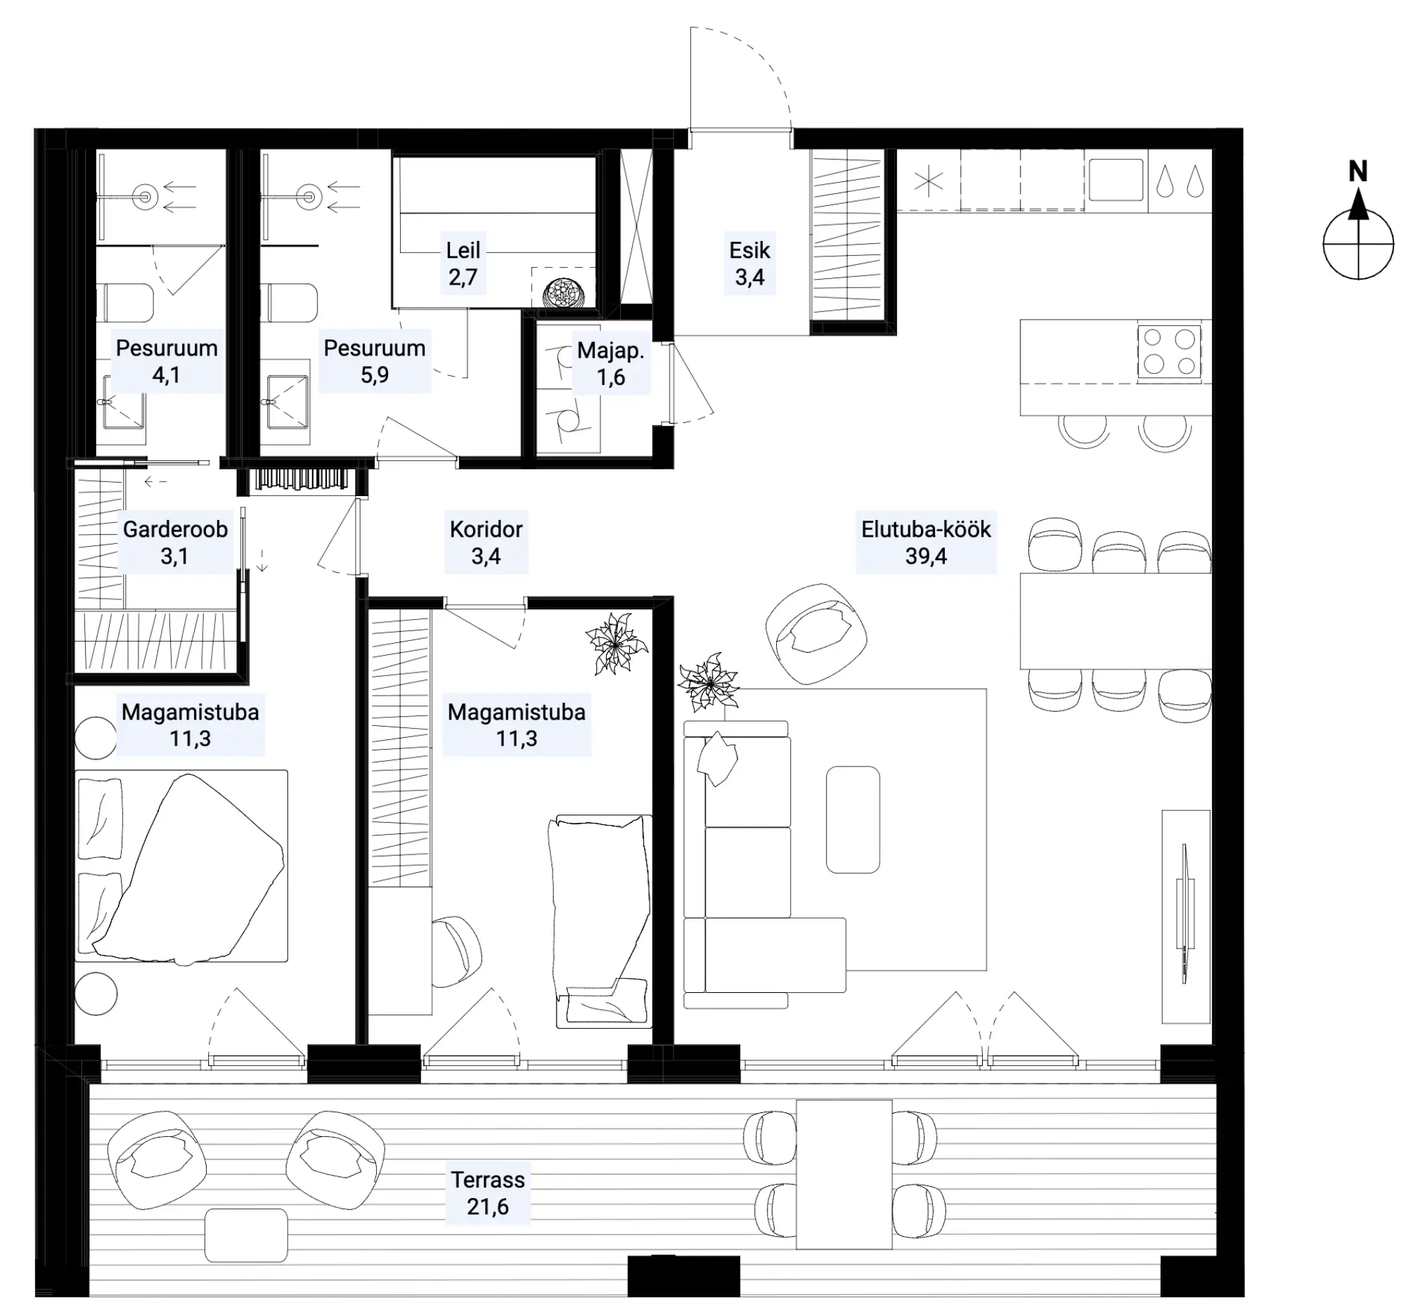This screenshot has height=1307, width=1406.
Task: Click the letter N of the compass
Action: [x=1357, y=171]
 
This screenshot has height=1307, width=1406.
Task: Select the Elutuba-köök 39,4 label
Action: [x=926, y=542]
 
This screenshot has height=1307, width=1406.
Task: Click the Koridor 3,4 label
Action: [x=486, y=542]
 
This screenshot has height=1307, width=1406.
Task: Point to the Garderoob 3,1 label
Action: [x=174, y=542]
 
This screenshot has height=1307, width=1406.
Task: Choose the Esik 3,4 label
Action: [x=749, y=264]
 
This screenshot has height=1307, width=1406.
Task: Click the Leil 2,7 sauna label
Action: [x=463, y=264]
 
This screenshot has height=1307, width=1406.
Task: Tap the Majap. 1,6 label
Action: [x=611, y=363]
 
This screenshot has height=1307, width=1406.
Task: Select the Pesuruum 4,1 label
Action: [x=166, y=361]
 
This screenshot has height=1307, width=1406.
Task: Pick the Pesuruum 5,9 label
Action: [x=374, y=361]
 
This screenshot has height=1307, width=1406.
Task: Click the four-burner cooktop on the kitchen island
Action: [x=1168, y=351]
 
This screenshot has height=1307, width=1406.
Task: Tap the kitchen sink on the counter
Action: [x=1116, y=180]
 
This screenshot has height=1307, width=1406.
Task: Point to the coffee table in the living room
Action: [x=853, y=819]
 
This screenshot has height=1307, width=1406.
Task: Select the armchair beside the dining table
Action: [x=816, y=634]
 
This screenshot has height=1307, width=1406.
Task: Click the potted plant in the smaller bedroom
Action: [x=616, y=643]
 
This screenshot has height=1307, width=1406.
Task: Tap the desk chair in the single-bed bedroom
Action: [x=456, y=951]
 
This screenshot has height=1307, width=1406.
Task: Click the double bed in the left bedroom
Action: [x=181, y=866]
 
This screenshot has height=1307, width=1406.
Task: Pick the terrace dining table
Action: [x=844, y=1174]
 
